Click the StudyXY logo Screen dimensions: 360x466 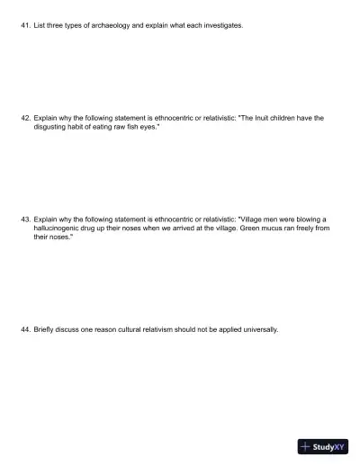(323, 446)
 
